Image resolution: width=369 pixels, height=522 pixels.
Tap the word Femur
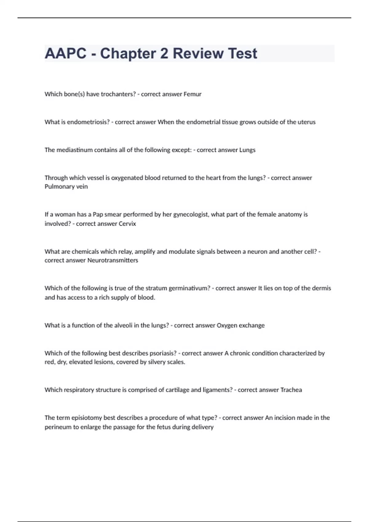coord(192,94)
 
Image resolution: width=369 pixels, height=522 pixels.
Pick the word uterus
coord(306,122)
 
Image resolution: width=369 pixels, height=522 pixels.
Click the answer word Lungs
coord(247,150)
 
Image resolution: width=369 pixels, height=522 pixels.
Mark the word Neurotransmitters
coord(113,260)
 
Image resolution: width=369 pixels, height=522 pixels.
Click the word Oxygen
coord(227,325)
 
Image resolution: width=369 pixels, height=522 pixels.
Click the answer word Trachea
coord(292,390)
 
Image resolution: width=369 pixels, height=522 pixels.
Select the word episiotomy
coord(87,418)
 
